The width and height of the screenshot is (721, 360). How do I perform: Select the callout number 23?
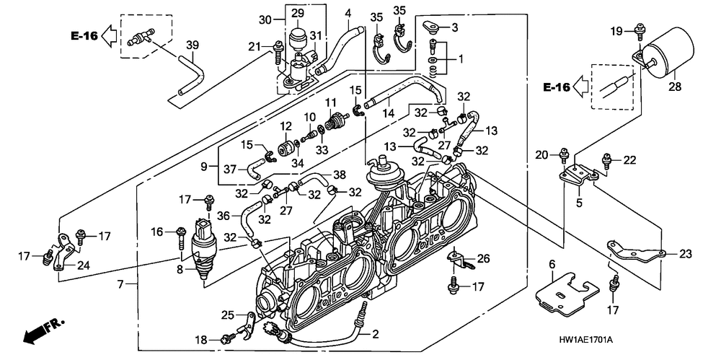pos(685,254)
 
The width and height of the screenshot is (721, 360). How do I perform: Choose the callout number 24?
pos(84,265)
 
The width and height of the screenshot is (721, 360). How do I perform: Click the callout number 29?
pos(298,14)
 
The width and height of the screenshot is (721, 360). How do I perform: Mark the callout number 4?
pos(348,13)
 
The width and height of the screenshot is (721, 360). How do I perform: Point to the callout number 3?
pos(455,28)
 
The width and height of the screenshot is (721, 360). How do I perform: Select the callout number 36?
pos(224,214)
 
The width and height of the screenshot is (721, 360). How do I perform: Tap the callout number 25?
pos(227,315)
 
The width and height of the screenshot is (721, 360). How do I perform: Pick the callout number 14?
pos(388,113)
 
